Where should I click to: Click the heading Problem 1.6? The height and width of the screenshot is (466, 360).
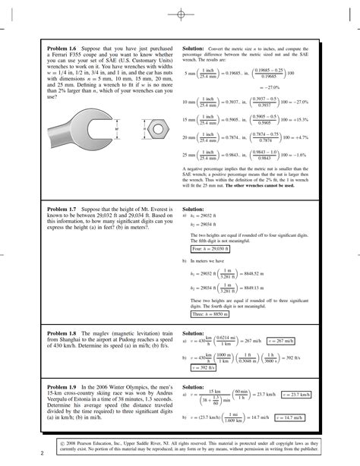tap(62, 47)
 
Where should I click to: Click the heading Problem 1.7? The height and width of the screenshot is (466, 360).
tap(62, 206)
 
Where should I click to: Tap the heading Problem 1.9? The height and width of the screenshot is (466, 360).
tap(62, 386)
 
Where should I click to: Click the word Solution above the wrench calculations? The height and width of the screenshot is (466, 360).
tap(194, 47)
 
